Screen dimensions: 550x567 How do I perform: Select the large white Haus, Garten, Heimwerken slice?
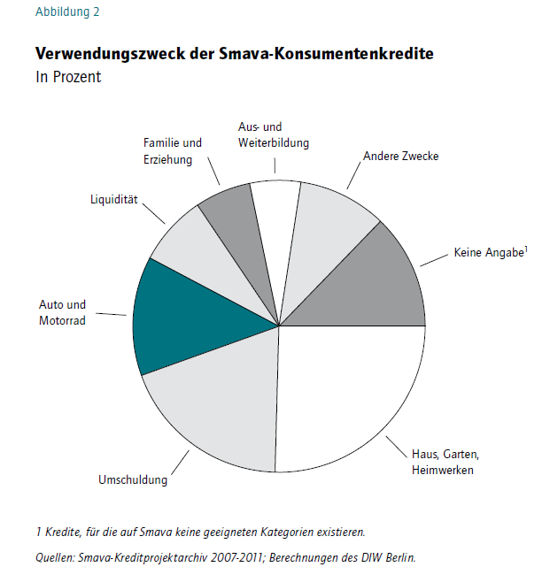click(x=347, y=391)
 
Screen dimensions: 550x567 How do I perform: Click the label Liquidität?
click(x=114, y=199)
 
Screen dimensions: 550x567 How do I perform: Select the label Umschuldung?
click(x=133, y=479)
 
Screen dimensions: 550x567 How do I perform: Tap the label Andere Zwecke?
click(x=401, y=156)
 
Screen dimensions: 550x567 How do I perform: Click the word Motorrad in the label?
click(x=62, y=320)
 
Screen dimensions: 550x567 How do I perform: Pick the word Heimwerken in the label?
click(x=443, y=470)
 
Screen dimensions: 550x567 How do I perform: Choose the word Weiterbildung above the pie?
click(x=274, y=142)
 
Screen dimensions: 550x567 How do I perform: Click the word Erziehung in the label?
click(x=167, y=159)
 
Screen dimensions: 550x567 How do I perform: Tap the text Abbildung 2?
click(x=67, y=11)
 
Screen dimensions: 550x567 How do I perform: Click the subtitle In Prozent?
click(x=68, y=77)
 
